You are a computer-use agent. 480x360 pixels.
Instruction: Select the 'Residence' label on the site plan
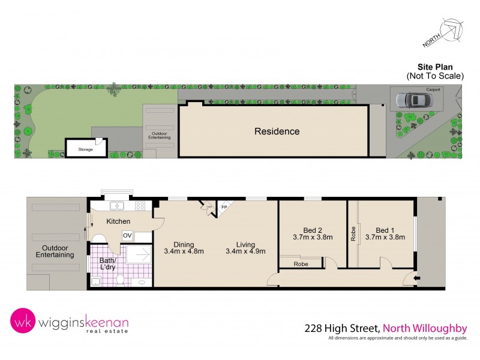[277, 131]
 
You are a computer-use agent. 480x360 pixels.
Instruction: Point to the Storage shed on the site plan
[85, 148]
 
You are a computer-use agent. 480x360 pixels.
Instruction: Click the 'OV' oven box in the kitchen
[127, 235]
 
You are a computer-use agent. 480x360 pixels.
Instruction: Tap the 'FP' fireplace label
[224, 207]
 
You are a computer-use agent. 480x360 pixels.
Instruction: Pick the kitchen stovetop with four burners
[140, 206]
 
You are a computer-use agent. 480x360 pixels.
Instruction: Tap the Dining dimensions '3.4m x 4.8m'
[184, 251]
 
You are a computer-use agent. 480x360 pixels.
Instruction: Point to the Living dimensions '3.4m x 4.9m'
[245, 251]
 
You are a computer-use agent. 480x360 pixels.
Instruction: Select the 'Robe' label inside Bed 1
[353, 233]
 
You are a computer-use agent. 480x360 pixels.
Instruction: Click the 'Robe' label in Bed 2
[301, 263]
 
